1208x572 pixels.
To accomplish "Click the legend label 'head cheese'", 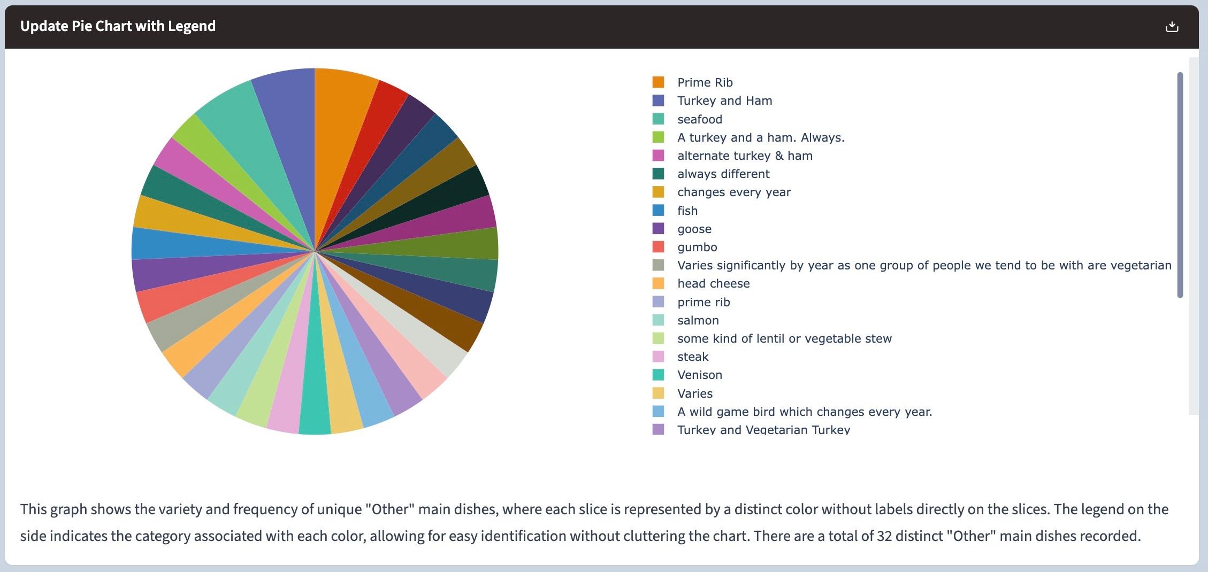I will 713,283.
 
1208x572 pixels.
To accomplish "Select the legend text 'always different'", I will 723,174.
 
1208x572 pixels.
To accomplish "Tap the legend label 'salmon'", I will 698,320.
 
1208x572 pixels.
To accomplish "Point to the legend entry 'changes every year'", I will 734,192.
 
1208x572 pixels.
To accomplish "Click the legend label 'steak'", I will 693,357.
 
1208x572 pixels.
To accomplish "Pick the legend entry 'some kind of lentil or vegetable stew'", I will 784,338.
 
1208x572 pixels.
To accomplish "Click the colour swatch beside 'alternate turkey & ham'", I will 658,156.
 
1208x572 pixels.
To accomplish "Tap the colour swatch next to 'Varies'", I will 658,393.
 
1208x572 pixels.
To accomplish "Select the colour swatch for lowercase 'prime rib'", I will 658,302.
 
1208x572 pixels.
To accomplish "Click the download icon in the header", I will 1172,27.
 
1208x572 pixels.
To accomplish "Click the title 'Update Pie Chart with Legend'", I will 118,26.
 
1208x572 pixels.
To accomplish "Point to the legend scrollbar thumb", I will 1180,184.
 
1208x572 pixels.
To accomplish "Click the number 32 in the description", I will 884,536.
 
